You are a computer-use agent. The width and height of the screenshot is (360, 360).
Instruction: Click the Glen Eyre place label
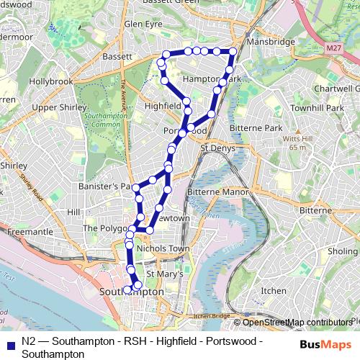(143, 24)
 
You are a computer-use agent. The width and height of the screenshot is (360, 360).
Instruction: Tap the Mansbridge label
(271, 42)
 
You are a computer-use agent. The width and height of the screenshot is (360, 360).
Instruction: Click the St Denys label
(217, 148)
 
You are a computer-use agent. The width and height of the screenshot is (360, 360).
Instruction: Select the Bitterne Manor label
(217, 192)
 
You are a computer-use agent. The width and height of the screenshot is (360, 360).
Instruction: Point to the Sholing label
(343, 251)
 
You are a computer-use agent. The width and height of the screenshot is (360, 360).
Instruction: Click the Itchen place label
(273, 290)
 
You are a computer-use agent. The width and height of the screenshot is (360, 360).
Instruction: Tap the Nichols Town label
(162, 248)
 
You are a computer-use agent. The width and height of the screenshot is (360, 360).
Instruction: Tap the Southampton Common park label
(102, 120)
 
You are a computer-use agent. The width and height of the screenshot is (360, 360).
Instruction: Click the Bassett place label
(117, 55)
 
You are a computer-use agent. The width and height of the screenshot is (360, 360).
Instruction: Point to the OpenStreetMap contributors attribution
(296, 323)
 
